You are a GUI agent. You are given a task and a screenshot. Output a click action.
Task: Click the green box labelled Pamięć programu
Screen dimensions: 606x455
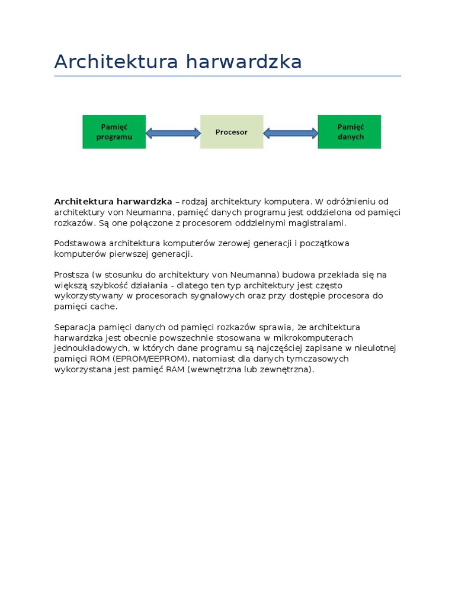(x=114, y=131)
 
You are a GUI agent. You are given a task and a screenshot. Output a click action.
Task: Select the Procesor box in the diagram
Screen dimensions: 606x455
(x=232, y=131)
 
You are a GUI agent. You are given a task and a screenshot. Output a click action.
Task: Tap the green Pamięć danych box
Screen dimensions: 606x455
(x=350, y=131)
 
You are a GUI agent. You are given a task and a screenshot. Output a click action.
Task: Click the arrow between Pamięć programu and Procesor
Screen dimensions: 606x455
(x=173, y=133)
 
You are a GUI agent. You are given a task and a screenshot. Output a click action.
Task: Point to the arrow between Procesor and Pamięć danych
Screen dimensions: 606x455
(x=291, y=133)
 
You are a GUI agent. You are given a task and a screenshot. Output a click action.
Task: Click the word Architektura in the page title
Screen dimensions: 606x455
(x=114, y=62)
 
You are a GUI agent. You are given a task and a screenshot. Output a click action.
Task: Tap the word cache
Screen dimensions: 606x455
(x=105, y=307)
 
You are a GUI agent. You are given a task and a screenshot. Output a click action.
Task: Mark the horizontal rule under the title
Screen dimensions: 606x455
(x=227, y=76)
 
